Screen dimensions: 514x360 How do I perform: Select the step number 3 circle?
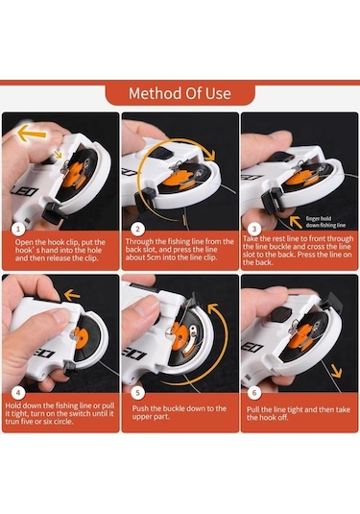coord(253,230)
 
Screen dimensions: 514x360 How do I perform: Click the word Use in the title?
coord(219,94)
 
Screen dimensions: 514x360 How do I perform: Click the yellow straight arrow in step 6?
coord(337,370)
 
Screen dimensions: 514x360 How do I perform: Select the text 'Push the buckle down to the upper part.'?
coord(180,413)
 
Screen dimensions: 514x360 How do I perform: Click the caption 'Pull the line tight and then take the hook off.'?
coord(299,413)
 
